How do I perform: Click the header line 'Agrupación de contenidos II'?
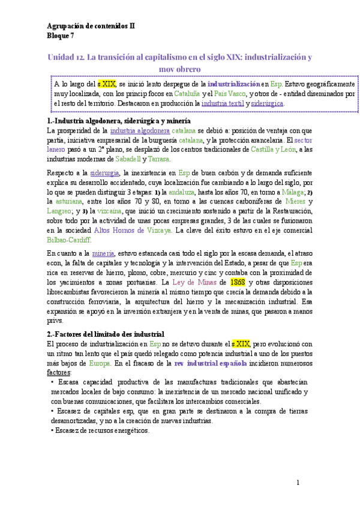click(91, 26)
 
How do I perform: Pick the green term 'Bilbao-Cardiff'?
click(69, 238)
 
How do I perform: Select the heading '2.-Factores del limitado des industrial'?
click(105, 334)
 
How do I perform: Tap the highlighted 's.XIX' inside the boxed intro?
click(106, 85)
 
